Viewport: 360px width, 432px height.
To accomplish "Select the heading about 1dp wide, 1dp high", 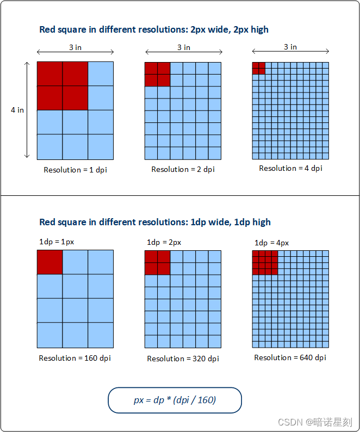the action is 155,222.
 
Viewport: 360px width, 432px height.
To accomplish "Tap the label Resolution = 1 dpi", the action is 75,170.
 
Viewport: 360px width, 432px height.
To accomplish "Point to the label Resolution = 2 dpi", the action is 183,169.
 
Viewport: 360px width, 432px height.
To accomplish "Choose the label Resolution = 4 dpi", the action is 290,168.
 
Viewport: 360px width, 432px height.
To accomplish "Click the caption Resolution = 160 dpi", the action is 75,358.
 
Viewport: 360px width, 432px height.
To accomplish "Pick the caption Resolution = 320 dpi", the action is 183,359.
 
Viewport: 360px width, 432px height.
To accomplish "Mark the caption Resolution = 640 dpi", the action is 290,357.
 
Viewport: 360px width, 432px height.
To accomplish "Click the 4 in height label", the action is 17,110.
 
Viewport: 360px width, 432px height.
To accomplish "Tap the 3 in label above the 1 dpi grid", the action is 75,47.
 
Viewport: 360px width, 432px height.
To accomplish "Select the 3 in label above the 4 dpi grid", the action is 290,47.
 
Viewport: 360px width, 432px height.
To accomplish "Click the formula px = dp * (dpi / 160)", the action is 175,400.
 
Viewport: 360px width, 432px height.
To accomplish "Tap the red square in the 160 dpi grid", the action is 50,262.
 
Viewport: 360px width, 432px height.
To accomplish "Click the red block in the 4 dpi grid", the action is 259,69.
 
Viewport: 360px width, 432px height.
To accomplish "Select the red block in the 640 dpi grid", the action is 265,263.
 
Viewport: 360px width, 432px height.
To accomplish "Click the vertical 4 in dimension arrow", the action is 27,110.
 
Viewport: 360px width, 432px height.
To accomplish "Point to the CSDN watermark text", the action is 315,422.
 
